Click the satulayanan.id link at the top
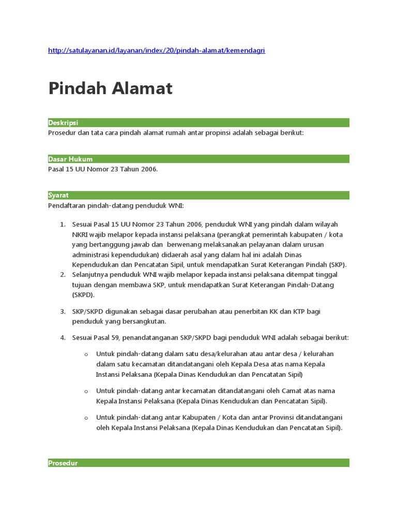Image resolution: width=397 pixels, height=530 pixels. click(156, 50)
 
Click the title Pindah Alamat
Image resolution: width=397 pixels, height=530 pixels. click(110, 89)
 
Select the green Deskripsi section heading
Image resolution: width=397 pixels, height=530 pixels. click(63, 123)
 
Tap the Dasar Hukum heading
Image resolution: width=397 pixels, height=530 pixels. click(70, 159)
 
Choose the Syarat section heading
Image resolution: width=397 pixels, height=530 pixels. click(58, 195)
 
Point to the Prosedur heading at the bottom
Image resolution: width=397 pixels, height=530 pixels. click(63, 463)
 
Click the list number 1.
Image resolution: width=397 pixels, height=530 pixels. click(62, 224)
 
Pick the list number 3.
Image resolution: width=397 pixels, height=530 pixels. click(62, 311)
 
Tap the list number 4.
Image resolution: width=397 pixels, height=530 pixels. click(62, 337)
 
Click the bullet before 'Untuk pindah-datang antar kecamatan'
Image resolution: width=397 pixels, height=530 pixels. click(86, 391)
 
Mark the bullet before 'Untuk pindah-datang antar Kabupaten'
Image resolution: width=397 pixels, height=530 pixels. click(86, 418)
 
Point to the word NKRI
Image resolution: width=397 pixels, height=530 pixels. click(81, 234)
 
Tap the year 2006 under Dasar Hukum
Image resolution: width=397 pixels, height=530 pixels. click(146, 169)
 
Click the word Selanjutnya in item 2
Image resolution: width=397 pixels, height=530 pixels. click(92, 274)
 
